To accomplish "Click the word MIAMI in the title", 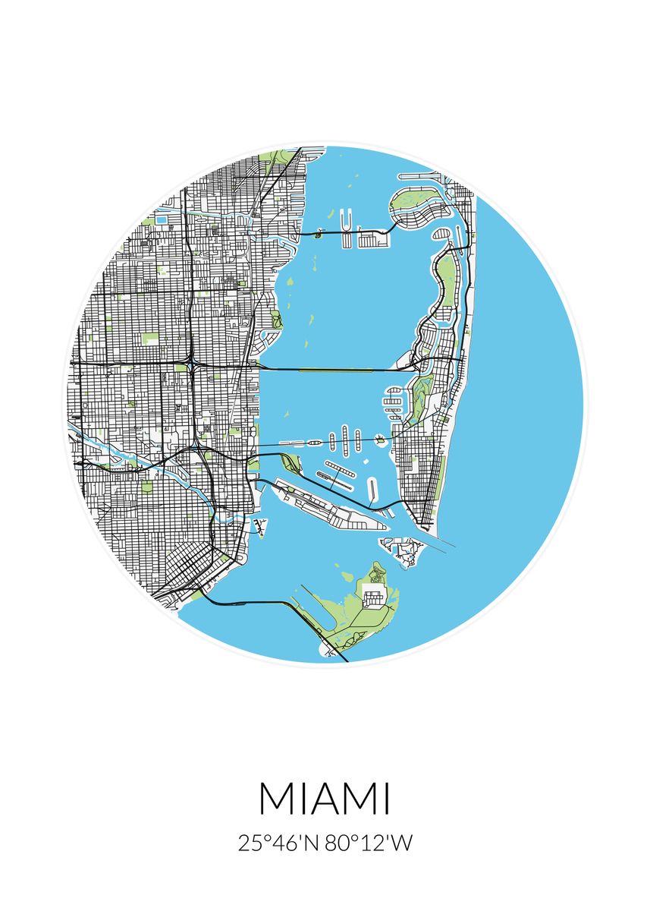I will [325, 799].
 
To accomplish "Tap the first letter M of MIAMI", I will [276, 799].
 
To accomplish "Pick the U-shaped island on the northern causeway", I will [347, 225].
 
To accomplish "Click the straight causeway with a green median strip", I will [334, 370].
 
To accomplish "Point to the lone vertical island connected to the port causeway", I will [372, 490].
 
